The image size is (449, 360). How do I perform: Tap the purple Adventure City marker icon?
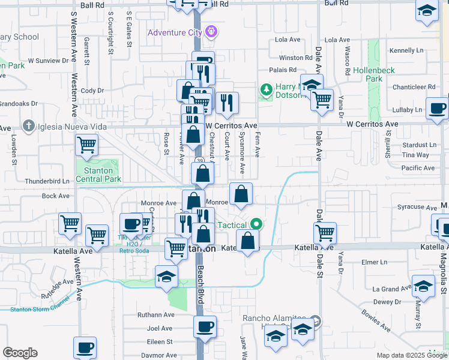(x=210, y=31)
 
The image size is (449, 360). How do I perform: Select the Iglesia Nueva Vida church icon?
(x=28, y=125)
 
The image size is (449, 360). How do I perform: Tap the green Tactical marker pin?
(x=257, y=225)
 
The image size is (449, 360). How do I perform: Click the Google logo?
(x=20, y=353)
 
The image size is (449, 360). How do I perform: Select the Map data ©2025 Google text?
(x=411, y=355)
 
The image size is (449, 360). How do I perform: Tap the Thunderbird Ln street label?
(x=47, y=181)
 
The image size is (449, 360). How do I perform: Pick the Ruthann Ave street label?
(x=155, y=314)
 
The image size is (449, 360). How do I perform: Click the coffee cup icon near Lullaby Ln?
(x=436, y=109)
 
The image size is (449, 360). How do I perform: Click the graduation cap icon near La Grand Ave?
(x=423, y=286)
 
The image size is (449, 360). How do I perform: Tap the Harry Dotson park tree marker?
(x=265, y=90)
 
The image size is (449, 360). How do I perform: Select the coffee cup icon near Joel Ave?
(x=205, y=326)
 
